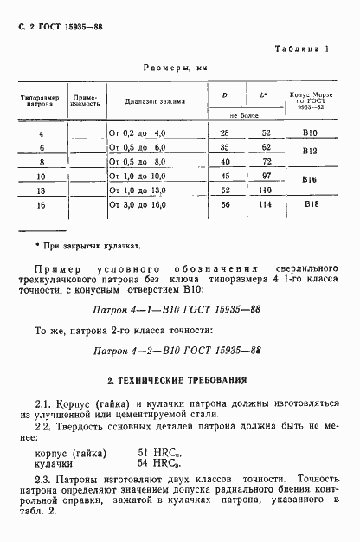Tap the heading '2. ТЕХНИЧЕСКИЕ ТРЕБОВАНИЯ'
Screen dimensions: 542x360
177,379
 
